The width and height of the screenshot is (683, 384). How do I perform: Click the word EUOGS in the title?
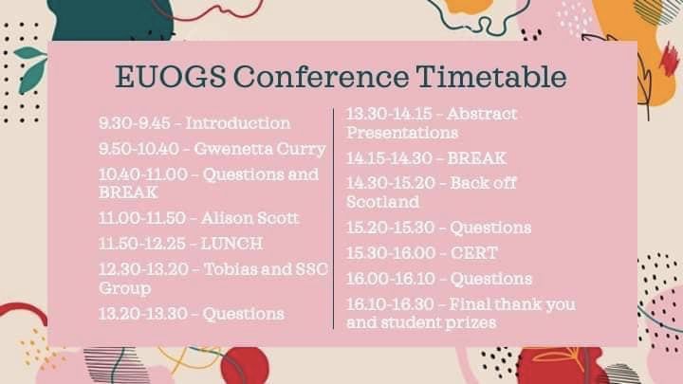point(171,77)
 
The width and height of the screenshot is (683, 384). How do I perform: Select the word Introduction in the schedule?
point(238,123)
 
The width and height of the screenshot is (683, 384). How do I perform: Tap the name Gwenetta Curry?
point(260,150)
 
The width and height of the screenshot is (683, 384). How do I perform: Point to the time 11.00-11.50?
point(142,218)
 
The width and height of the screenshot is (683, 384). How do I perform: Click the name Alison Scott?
point(250,218)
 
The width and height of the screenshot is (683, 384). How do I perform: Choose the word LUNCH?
point(231,244)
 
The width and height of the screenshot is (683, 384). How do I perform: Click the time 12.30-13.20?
point(143,269)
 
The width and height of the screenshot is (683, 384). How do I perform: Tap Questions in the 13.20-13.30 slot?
point(244,314)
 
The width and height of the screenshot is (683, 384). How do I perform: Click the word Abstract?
point(482,114)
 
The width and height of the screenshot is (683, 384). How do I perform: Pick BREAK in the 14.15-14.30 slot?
point(477,158)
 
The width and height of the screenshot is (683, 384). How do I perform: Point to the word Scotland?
point(383,202)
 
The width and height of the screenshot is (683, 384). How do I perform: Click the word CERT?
point(474,253)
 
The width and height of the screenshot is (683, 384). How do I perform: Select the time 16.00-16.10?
point(390,279)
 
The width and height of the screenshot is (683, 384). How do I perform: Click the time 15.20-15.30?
point(390,228)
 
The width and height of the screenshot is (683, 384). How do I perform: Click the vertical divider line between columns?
point(334,219)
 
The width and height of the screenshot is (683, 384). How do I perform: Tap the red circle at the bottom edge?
point(245,365)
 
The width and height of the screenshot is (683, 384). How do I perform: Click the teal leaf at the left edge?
point(31,69)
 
